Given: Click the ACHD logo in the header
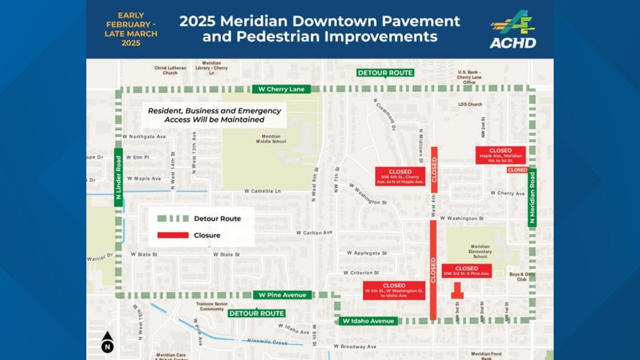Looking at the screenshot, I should click(x=513, y=29).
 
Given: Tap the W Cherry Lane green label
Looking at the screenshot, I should click(x=281, y=89).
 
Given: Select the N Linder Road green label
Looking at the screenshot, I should click(x=118, y=177).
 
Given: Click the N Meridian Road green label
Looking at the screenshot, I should click(x=532, y=197).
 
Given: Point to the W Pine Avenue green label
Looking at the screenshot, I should click(x=282, y=295).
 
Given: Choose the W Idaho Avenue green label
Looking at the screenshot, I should click(x=367, y=321).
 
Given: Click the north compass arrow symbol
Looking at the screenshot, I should click(x=107, y=342).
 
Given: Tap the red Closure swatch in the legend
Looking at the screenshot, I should click(x=173, y=235).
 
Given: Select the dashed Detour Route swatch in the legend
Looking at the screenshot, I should click(x=173, y=218).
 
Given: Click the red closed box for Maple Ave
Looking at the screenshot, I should click(x=500, y=155).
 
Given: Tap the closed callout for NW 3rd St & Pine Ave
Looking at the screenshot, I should click(x=467, y=271).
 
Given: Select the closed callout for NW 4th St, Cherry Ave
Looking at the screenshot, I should click(x=400, y=176).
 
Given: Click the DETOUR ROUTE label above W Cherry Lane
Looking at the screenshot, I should click(x=385, y=73).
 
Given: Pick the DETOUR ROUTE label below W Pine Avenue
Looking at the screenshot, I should click(x=257, y=313).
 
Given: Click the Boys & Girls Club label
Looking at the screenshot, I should click(x=518, y=276).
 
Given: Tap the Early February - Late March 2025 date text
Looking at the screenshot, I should click(x=131, y=29).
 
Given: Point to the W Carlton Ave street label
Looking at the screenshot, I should click(x=314, y=233).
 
